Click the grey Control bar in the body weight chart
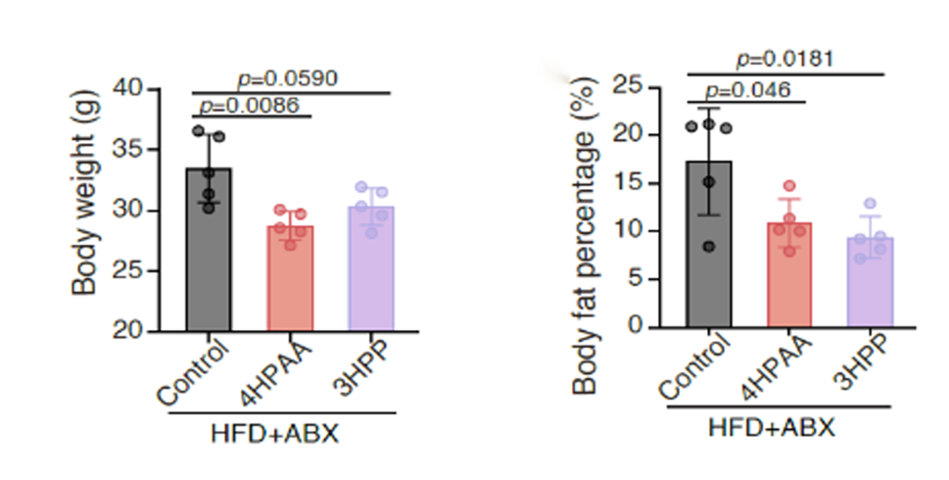coord(208,255)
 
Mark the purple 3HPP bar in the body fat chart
coord(871,284)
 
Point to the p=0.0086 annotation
coord(249,104)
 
